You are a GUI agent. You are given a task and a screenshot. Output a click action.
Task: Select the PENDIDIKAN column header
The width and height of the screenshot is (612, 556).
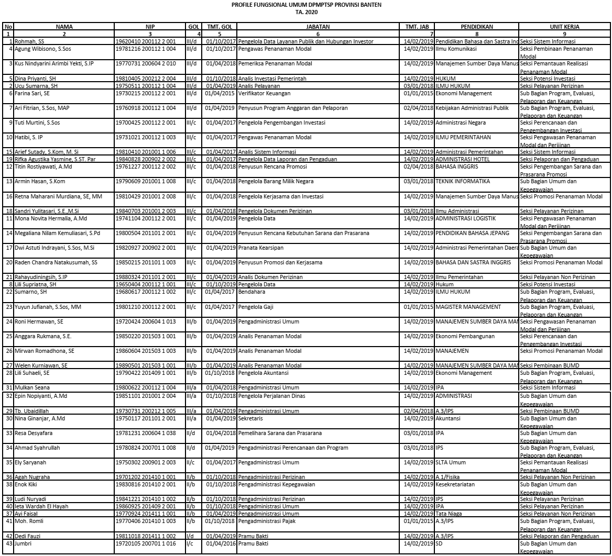click(476, 26)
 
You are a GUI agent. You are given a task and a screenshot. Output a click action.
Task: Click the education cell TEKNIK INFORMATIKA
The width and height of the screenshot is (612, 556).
click(463, 181)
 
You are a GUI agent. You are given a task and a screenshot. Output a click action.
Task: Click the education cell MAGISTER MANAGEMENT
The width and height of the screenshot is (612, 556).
click(468, 306)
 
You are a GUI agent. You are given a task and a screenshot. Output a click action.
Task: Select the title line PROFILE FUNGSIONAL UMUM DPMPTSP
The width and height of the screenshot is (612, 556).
click(305, 5)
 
